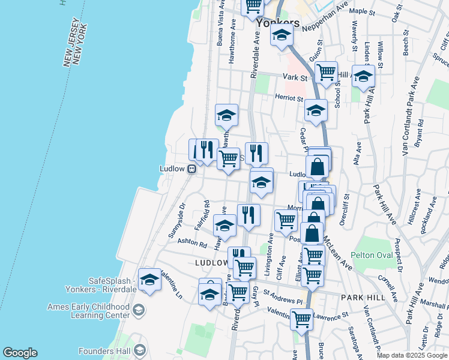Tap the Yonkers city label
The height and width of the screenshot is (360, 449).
pyautogui.click(x=277, y=23)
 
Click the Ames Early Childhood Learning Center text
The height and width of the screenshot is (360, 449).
pyautogui.click(x=89, y=311)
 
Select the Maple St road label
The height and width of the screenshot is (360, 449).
pyautogui.click(x=361, y=11)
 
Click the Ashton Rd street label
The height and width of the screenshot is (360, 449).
pyautogui.click(x=192, y=244)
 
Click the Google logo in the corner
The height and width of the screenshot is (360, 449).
pyautogui.click(x=20, y=353)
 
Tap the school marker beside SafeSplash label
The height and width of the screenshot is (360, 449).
pyautogui.click(x=149, y=280)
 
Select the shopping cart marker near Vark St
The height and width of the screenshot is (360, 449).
pyautogui.click(x=326, y=73)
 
